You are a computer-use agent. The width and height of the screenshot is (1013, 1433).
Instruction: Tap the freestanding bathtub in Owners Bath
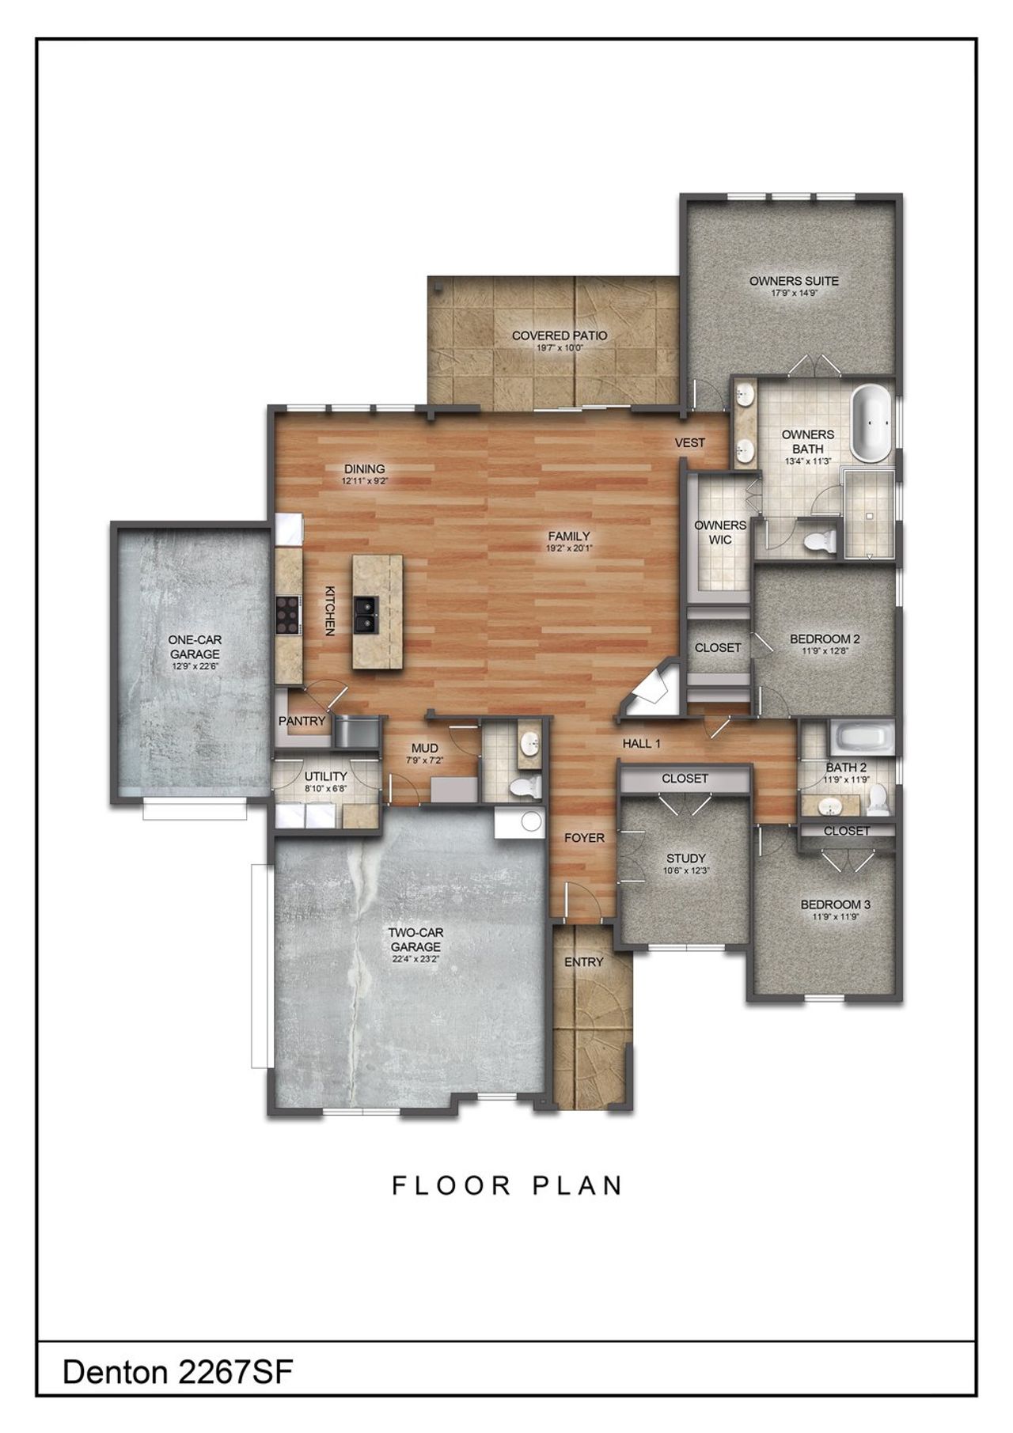[871, 423]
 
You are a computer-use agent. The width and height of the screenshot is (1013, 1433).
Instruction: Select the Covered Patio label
[559, 336]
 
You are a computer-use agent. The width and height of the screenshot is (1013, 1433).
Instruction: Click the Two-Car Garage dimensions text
[415, 959]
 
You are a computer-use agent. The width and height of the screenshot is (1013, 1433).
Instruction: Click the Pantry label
[302, 721]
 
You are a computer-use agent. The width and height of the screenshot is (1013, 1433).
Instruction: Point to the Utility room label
[325, 776]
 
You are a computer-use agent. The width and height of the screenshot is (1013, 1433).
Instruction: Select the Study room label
[685, 858]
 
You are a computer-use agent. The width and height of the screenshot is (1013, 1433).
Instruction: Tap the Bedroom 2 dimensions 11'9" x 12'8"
[825, 651]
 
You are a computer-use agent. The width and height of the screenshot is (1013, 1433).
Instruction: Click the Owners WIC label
[719, 532]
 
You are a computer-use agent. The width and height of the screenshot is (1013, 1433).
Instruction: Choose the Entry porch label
[584, 962]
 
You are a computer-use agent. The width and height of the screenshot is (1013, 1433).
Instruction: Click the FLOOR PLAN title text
[507, 1185]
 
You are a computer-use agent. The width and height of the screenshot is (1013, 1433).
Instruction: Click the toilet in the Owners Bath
[818, 541]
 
